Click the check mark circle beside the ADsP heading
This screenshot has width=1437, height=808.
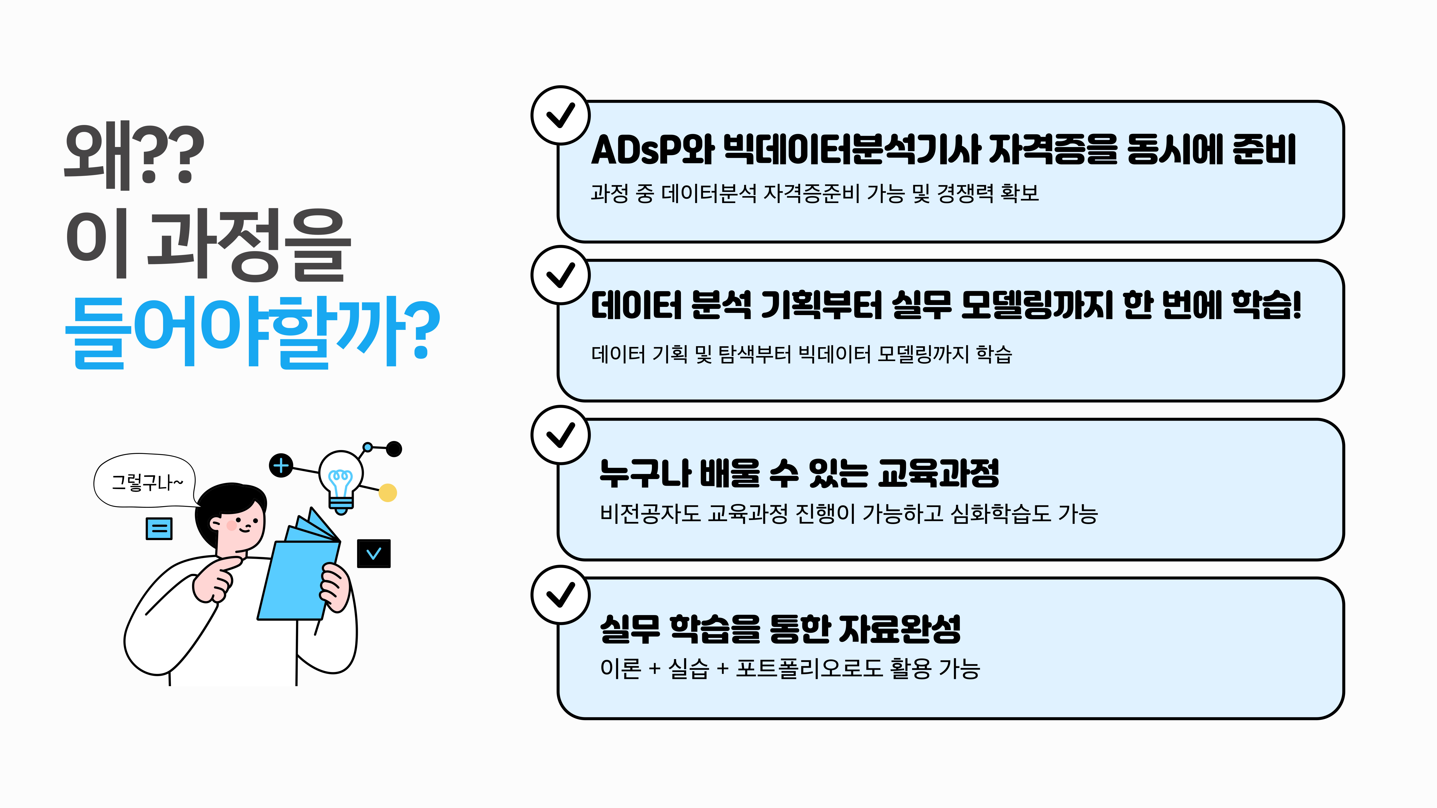point(560,115)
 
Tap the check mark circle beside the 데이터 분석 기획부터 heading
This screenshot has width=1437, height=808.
point(560,275)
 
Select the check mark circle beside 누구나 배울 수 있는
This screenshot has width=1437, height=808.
point(560,435)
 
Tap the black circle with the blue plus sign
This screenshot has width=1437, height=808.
point(281,465)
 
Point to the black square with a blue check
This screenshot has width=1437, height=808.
point(374,553)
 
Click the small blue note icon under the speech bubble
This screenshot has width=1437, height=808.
point(159,528)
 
